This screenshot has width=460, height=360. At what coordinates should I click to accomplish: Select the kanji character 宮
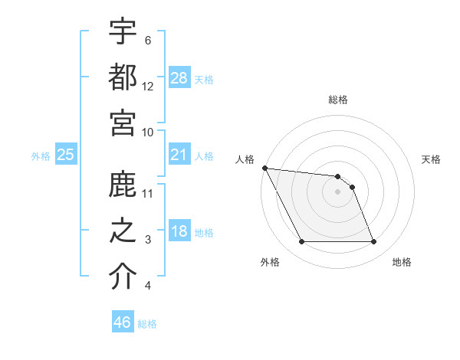point(123,123)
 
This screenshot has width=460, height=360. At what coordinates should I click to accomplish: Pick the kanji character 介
point(123,277)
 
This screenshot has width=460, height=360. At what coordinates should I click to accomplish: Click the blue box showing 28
point(179,77)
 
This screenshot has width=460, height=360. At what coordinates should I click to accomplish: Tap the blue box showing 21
point(179,155)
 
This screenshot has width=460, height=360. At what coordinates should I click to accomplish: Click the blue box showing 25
point(65,155)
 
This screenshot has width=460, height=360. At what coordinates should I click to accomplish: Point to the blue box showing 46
point(122,322)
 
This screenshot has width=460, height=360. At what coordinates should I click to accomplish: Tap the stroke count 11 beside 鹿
point(148,193)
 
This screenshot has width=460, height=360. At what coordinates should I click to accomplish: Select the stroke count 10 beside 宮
point(148,132)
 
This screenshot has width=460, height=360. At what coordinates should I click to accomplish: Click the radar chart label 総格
point(338,100)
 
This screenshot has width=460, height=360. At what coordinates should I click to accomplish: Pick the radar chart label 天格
point(431,159)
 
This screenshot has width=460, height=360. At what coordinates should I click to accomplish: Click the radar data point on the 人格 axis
point(264,168)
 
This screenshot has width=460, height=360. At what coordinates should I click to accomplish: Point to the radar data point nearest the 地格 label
point(373,242)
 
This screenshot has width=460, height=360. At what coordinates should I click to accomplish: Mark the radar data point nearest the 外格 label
point(302,242)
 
